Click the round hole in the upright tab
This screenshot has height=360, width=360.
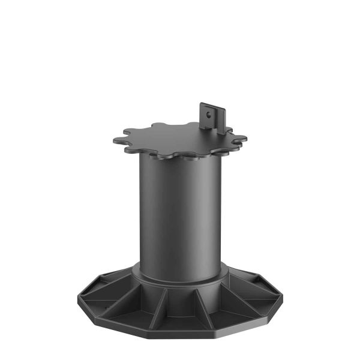[x=208, y=112]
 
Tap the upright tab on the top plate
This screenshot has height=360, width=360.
[x=211, y=118]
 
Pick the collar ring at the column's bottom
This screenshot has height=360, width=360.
[x=180, y=278]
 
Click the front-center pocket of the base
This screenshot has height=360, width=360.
[x=180, y=306]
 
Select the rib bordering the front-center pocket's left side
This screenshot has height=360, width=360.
[x=161, y=306]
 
